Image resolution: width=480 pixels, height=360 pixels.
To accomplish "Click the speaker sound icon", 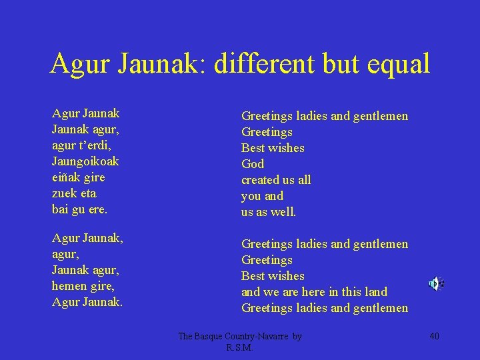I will click(435, 284).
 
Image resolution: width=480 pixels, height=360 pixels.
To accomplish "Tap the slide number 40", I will click(434, 336).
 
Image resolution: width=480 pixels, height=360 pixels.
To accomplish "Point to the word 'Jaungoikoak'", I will click(85, 161).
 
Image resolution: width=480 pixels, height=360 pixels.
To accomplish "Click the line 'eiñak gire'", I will click(78, 177).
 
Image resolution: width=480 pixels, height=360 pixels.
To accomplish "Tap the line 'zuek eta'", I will click(74, 193).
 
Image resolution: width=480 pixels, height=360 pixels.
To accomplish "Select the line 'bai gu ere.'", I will click(79, 209).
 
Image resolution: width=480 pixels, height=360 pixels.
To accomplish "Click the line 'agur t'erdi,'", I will click(81, 145).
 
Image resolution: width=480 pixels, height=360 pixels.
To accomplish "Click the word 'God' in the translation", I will click(253, 164).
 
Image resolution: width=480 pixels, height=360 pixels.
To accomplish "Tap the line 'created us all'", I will click(276, 180).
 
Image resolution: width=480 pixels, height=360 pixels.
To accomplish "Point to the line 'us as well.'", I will click(269, 212).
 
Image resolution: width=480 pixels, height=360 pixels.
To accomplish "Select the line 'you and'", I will click(262, 196).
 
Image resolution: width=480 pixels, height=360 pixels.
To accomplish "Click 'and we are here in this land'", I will click(314, 292).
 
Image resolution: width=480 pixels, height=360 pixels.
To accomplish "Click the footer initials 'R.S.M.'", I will click(240, 347).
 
